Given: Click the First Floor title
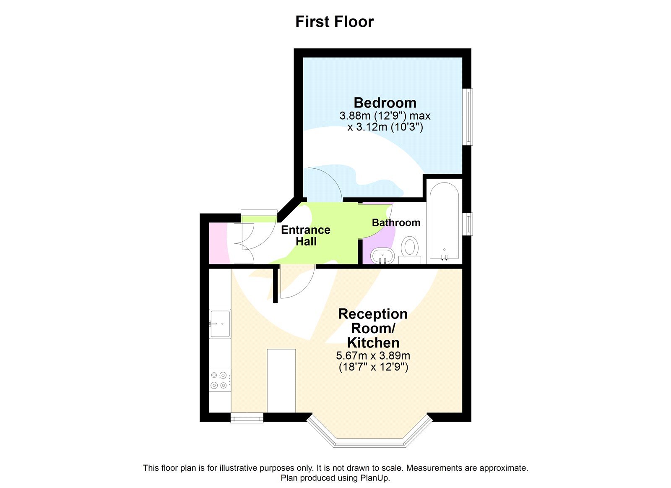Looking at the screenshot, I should [334, 22].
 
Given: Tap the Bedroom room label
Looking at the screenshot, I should [385, 103].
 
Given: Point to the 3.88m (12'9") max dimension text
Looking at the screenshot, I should [385, 116].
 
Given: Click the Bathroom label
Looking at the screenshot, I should [396, 223].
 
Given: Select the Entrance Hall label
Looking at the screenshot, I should [306, 235].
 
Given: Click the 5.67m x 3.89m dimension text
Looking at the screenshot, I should [373, 356].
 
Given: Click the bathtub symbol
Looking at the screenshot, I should [444, 220].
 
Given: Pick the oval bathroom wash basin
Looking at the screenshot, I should [382, 255].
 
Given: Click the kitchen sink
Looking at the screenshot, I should [220, 324].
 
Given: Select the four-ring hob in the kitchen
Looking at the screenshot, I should [219, 380].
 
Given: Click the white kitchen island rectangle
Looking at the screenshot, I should [281, 381].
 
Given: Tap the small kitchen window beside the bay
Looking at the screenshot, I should [247, 418].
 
